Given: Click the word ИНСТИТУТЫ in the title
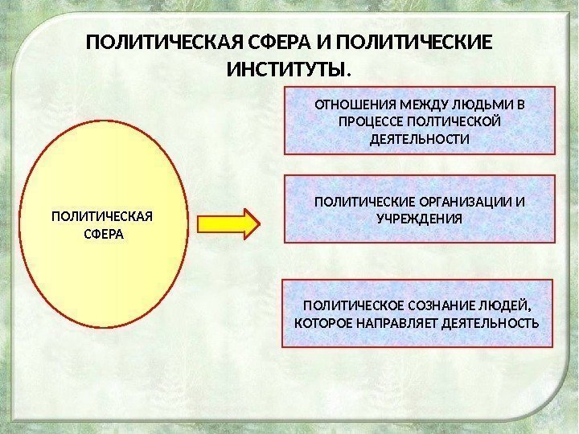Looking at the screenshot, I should [288, 71].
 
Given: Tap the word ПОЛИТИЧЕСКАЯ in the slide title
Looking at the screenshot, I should [151, 42].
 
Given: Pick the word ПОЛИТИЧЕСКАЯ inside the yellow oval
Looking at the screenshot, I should [102, 217].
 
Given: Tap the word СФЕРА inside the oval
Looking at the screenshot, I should [103, 235].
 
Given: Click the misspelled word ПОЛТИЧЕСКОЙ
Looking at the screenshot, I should [454, 121].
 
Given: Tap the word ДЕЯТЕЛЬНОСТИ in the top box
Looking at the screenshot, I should [419, 139].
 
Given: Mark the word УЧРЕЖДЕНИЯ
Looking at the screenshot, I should [419, 218].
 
